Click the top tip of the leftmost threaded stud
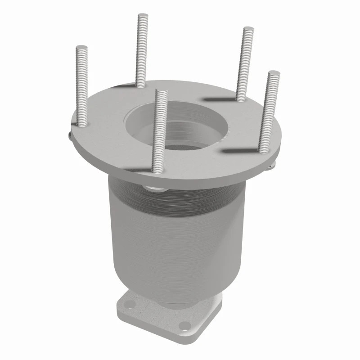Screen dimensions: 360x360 point(81,47)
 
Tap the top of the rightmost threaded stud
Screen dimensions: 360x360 point(273,73)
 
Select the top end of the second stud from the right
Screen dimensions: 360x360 point(248,30)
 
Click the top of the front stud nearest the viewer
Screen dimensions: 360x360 point(161,92)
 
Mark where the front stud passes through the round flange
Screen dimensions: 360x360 point(157,170)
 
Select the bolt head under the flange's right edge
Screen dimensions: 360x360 point(270,166)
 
